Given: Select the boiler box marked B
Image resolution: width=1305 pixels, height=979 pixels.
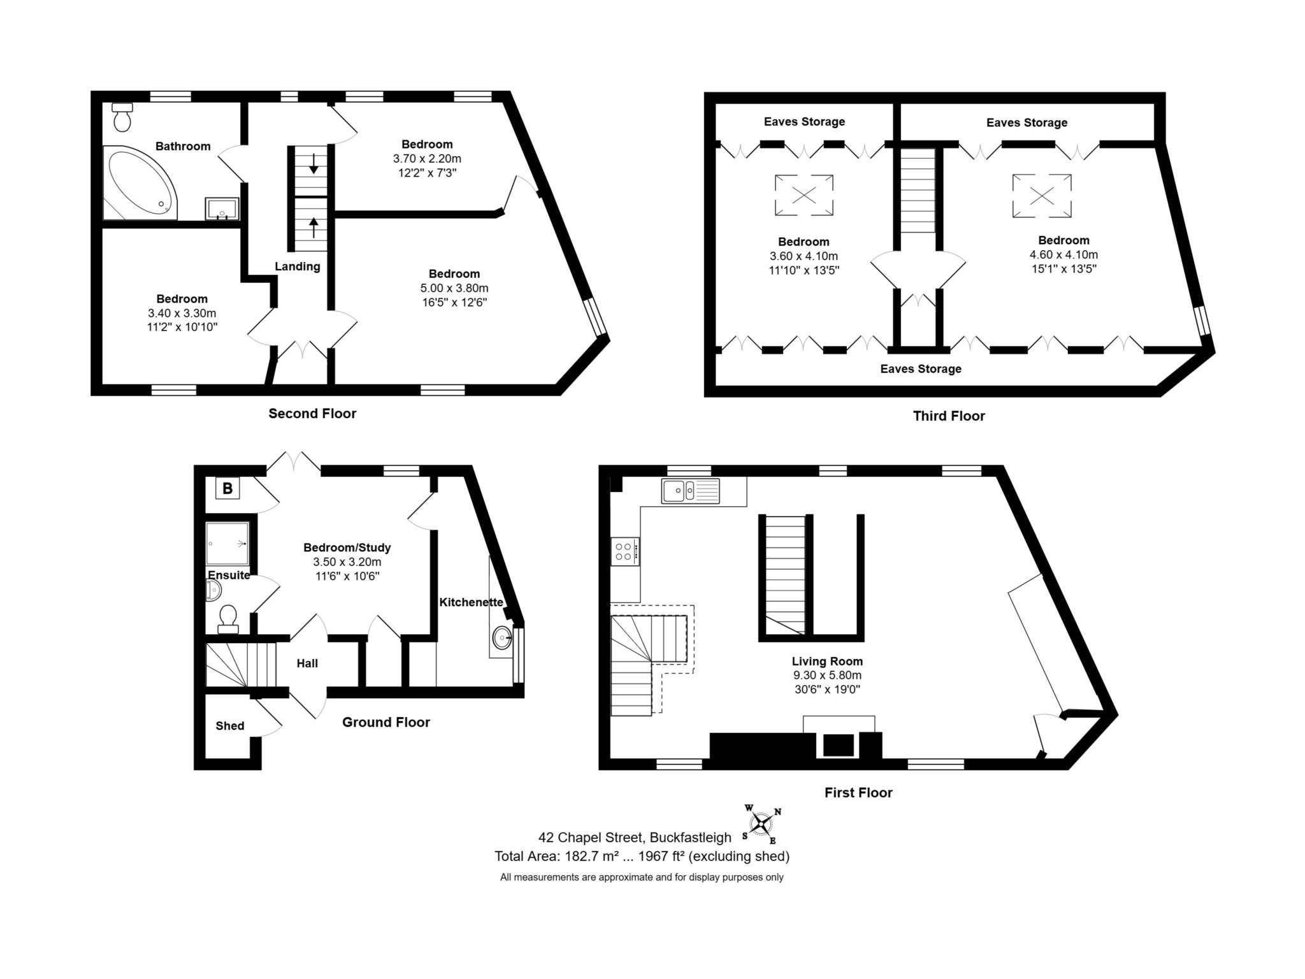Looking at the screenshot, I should (227, 489).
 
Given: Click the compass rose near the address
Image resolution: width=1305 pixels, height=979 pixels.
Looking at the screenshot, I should (761, 824).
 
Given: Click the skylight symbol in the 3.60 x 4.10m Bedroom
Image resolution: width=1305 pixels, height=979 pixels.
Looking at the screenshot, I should (804, 195).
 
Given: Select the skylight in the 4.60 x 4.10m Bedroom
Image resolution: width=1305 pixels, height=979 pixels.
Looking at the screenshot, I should (1042, 196).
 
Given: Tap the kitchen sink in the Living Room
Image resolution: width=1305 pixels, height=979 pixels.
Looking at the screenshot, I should (690, 491).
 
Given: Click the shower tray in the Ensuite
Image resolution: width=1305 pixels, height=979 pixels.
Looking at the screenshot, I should (227, 544).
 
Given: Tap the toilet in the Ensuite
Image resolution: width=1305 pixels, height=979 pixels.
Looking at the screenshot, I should (227, 618).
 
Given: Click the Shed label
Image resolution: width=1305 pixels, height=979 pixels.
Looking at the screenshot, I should (229, 726).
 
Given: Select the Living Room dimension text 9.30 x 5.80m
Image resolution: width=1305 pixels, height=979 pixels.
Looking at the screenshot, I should (826, 676).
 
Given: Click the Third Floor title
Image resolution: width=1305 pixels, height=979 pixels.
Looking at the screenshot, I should (948, 416).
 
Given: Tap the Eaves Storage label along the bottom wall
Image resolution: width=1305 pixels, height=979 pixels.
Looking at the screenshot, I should (920, 369).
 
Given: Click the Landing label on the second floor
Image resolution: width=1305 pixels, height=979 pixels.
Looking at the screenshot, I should (297, 266).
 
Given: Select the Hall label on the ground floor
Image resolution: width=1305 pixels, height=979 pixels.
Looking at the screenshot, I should (306, 664).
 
